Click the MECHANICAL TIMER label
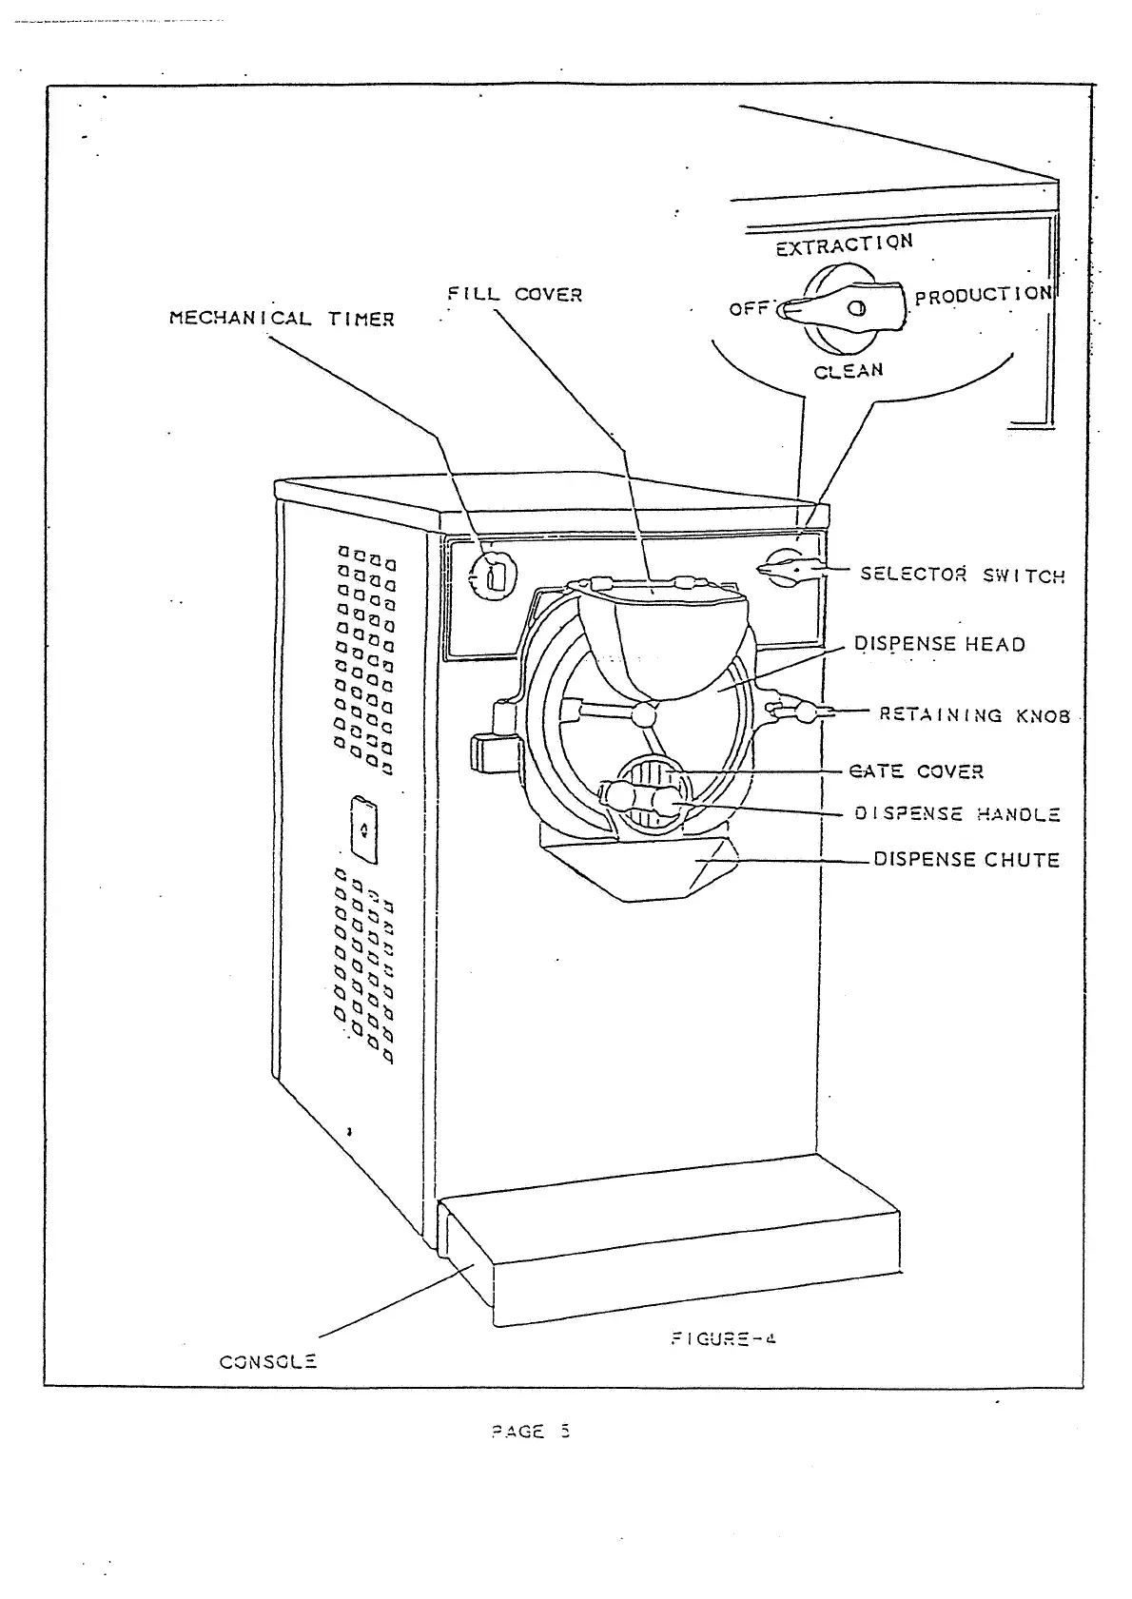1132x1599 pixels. click(x=281, y=319)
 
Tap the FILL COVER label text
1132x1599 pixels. click(x=515, y=294)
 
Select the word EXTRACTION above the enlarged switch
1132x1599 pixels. click(x=844, y=244)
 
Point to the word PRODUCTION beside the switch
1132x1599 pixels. click(x=983, y=295)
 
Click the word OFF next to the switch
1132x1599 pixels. click(x=748, y=308)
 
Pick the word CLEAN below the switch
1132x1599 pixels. click(x=849, y=371)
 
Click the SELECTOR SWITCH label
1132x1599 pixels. click(x=962, y=575)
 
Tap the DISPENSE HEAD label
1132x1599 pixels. click(x=939, y=644)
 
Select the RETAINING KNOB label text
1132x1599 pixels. click(x=974, y=715)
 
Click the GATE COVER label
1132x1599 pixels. click(x=916, y=771)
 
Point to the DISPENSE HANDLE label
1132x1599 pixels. click(x=957, y=814)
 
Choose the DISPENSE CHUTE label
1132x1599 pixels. click(x=966, y=860)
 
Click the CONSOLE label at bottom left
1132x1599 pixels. click(x=268, y=1361)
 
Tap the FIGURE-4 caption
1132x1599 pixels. click(x=723, y=1338)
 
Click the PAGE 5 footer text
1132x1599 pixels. click(x=530, y=1432)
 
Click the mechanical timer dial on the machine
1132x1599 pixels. click(x=495, y=574)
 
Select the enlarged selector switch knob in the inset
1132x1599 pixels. click(x=844, y=307)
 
